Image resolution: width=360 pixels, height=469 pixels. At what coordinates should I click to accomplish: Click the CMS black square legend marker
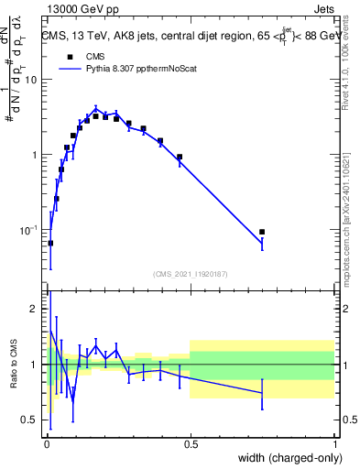point(70,55)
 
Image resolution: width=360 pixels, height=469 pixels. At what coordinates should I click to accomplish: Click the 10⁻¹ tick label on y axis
point(29,230)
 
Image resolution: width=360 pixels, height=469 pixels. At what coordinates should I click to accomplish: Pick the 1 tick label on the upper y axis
point(36,155)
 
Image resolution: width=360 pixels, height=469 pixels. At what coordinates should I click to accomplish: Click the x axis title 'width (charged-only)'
point(283,457)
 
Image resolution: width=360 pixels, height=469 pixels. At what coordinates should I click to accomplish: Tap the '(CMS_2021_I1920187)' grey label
point(190,272)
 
